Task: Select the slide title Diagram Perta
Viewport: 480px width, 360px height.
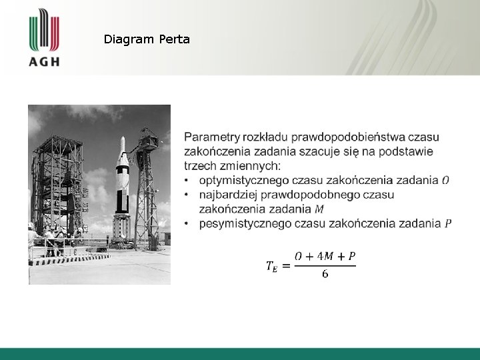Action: pos(147,39)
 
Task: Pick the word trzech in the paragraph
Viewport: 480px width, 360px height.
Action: pos(199,165)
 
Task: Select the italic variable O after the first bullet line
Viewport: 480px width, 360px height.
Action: pos(445,180)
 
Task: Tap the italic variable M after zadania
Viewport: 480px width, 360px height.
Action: pos(319,209)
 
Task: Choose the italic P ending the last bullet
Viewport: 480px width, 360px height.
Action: pos(447,223)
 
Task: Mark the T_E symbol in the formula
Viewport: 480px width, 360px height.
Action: pos(272,267)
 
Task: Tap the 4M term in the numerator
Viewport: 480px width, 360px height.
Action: pos(325,256)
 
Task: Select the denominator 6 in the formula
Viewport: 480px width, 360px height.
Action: pos(325,275)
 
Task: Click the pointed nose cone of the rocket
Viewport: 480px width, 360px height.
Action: pos(121,141)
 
